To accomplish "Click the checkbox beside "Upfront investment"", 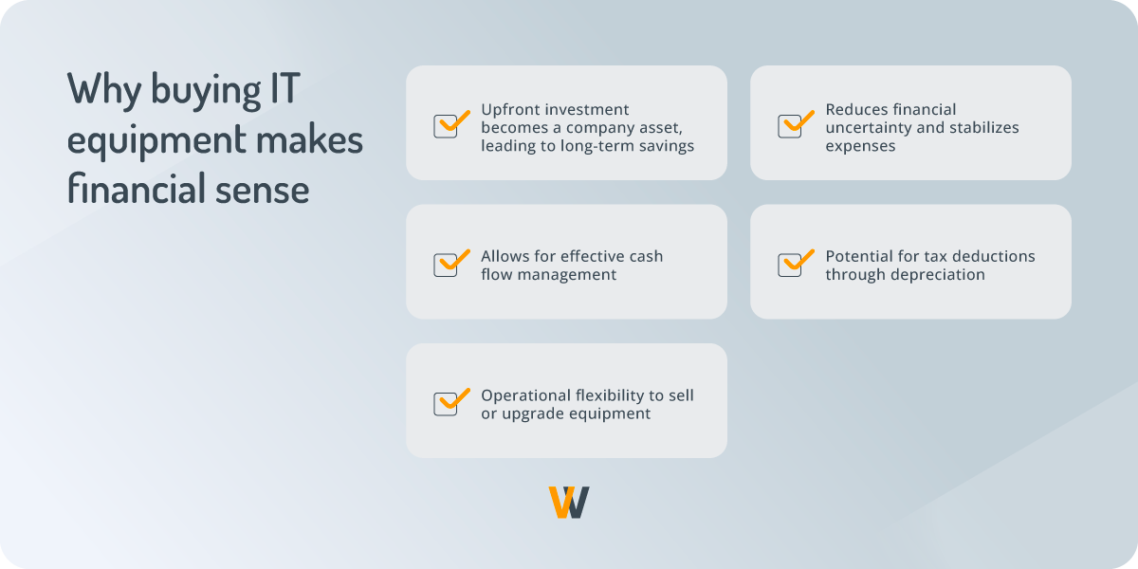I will point(447,126).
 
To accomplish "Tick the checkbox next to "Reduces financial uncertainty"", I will point(791,126).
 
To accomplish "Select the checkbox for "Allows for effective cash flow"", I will point(447,265).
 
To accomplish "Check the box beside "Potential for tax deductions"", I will point(791,265).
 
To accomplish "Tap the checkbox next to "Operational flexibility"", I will point(447,403).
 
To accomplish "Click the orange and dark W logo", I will point(569,502).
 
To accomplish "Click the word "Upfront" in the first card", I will point(509,109).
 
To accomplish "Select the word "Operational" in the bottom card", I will point(523,395).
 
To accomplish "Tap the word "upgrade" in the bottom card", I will point(532,413).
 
